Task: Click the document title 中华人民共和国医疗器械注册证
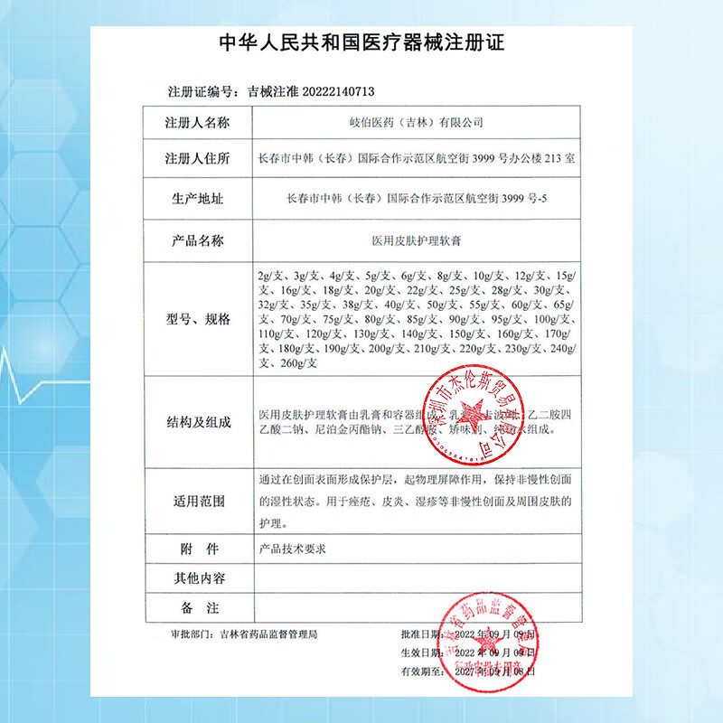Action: (x=361, y=42)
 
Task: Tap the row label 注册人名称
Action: (x=198, y=122)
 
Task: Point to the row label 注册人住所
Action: (x=198, y=159)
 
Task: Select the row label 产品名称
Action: (x=198, y=240)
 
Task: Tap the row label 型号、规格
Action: (x=198, y=320)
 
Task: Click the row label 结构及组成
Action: (x=198, y=422)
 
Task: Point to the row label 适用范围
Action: (x=198, y=500)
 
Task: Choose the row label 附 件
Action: (x=198, y=549)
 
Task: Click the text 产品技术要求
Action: (x=292, y=549)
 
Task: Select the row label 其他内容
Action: (x=198, y=577)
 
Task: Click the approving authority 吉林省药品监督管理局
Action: (x=268, y=635)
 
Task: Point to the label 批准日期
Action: (x=420, y=635)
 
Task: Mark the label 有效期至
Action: (x=420, y=672)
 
